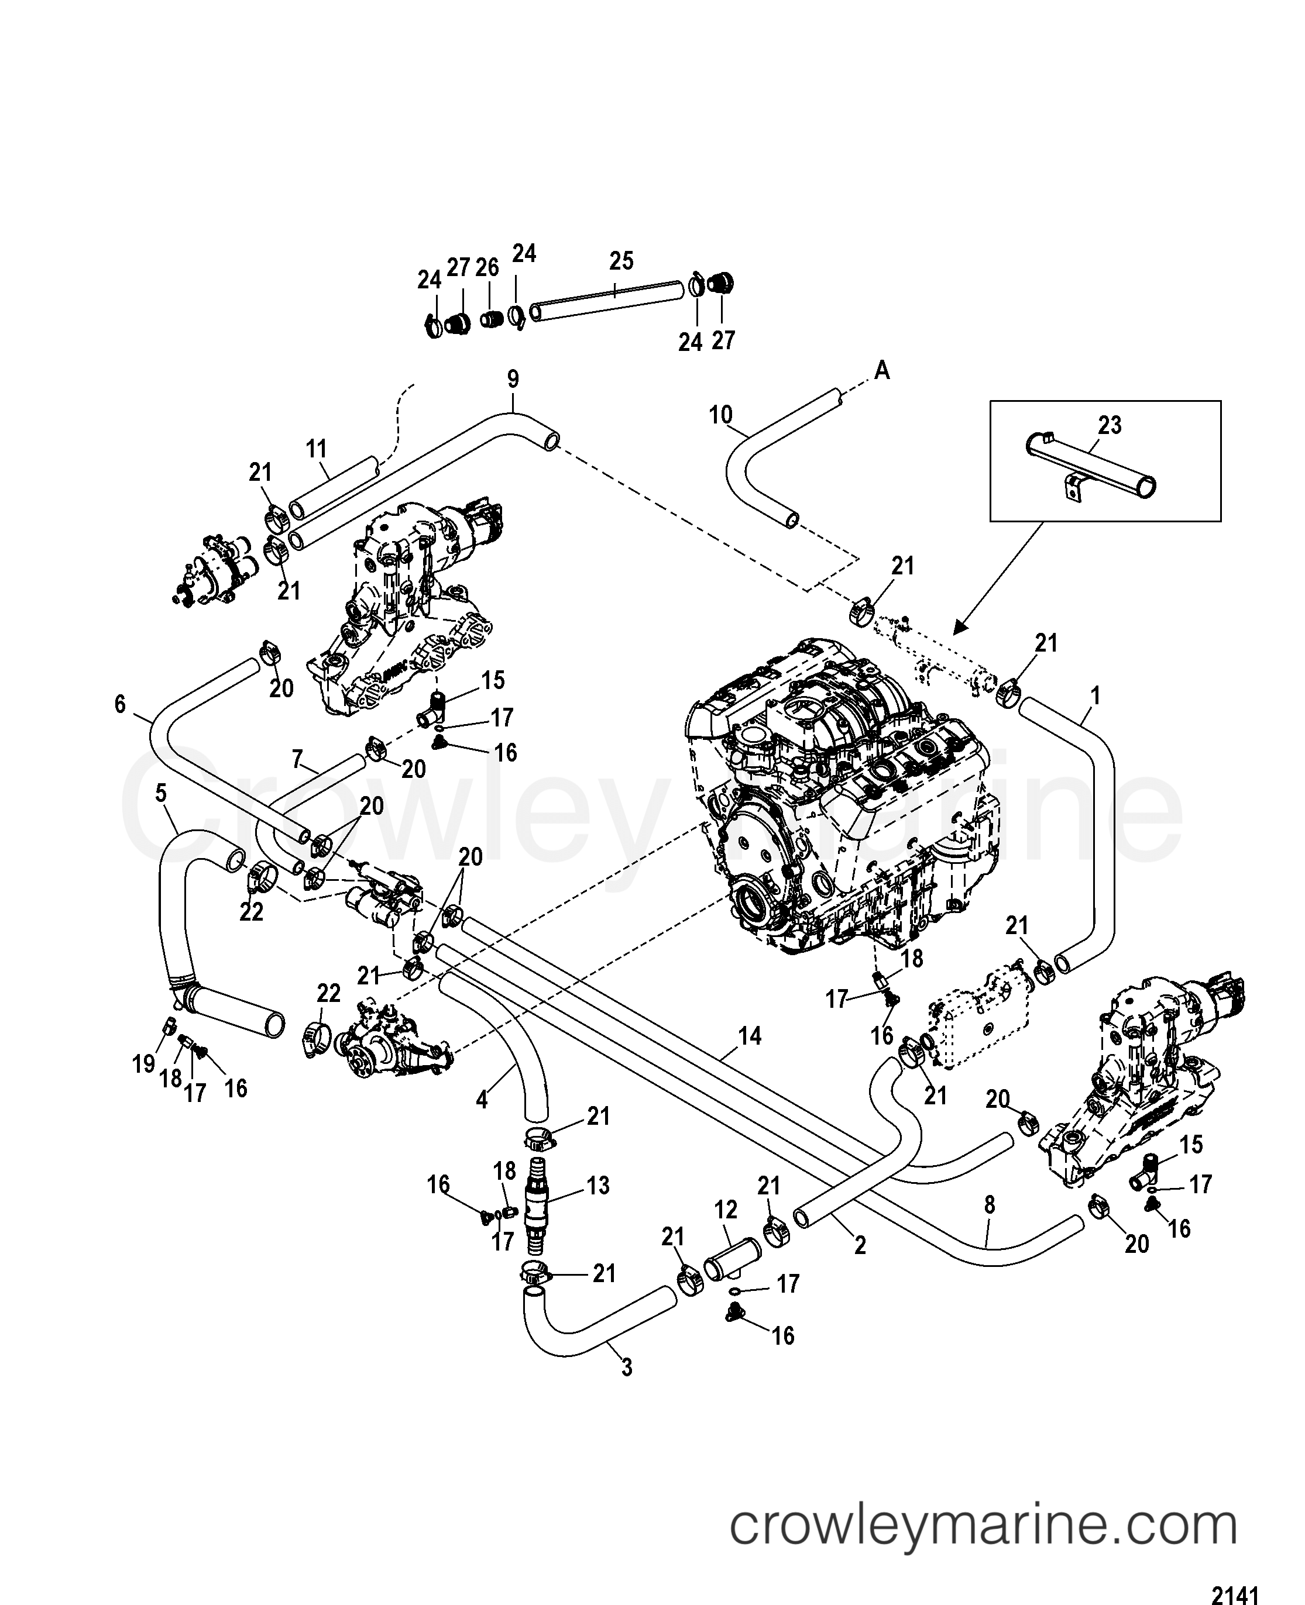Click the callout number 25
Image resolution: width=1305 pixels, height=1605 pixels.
621,261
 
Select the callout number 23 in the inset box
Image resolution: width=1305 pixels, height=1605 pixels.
1109,425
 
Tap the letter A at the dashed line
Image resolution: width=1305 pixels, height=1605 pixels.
882,370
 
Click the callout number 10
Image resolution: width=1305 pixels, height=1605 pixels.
720,415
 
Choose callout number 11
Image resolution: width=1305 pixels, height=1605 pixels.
317,449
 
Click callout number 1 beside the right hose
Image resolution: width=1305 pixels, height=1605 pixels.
1095,696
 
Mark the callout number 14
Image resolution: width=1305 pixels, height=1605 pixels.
750,1036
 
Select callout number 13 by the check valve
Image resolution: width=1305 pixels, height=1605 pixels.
599,1185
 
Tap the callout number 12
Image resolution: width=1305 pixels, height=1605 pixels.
726,1209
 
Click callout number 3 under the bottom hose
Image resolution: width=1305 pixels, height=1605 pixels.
627,1368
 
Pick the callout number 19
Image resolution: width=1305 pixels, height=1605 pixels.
143,1063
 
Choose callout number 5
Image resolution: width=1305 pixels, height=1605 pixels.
161,792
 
